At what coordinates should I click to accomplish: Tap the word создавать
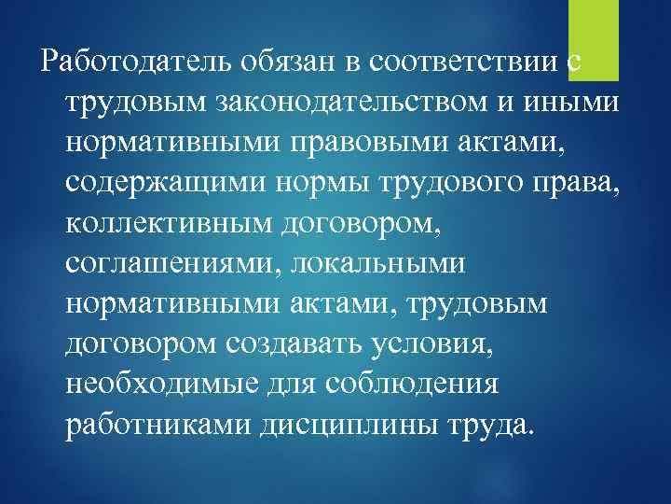click(x=298, y=345)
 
